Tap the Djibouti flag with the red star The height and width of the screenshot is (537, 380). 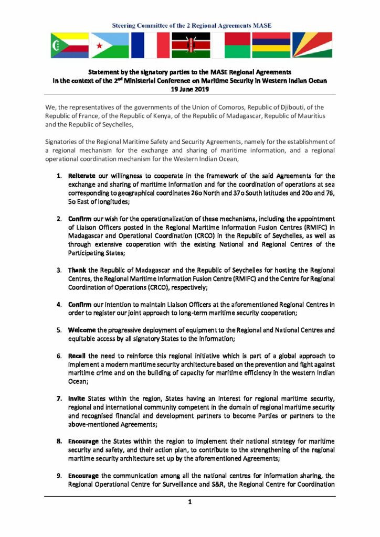109,45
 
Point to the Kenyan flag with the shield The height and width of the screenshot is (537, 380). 191,45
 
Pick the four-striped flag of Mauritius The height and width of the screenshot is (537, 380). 271,45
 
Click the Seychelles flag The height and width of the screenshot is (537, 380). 312,45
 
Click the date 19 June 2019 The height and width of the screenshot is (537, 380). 189,90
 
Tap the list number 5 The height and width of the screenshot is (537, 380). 60,330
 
